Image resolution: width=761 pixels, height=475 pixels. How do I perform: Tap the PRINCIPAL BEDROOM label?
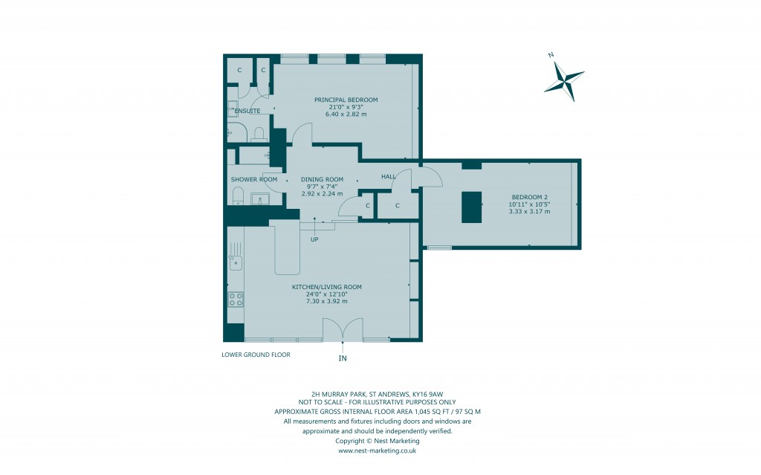click(x=346, y=100)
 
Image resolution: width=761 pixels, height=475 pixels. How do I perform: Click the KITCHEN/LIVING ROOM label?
click(x=327, y=286)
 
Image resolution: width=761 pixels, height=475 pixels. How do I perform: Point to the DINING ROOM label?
click(x=322, y=179)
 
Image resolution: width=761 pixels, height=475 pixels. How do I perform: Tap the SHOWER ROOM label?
click(x=254, y=179)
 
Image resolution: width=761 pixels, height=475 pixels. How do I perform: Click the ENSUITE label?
click(x=247, y=111)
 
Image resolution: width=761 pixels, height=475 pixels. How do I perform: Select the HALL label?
click(x=388, y=176)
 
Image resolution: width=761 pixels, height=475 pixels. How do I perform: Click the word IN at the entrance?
click(x=343, y=358)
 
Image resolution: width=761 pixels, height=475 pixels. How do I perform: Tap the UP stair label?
click(x=315, y=239)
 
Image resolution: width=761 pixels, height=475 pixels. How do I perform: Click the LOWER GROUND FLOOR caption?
click(x=256, y=355)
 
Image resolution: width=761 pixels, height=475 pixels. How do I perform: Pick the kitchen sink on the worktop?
click(x=236, y=262)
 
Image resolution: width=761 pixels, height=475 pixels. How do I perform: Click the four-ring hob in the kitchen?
click(x=236, y=299)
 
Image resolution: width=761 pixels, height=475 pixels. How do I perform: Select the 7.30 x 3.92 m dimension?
click(x=326, y=301)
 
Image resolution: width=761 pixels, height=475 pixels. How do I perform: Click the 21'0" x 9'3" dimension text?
click(x=346, y=107)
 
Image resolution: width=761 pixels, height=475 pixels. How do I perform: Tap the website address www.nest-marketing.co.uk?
click(x=377, y=450)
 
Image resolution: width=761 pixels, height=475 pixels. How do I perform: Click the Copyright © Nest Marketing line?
click(x=377, y=441)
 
